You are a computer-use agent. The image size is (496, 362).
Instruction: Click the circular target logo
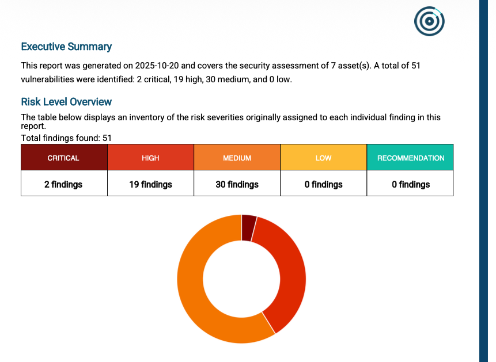(x=429, y=21)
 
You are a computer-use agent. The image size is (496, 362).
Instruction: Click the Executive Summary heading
(x=66, y=47)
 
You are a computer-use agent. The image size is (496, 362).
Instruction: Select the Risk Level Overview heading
(x=66, y=102)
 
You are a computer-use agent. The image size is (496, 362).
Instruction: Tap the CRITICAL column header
(x=63, y=158)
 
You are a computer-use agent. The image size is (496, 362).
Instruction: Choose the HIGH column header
(x=150, y=158)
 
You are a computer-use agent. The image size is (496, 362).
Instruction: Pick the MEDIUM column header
(x=237, y=158)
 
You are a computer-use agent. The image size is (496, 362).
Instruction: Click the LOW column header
(x=323, y=158)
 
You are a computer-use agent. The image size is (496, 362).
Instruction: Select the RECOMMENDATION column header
(x=410, y=158)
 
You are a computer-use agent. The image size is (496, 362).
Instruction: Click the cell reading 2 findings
(x=63, y=184)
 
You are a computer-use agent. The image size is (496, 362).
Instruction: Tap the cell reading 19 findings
(x=150, y=184)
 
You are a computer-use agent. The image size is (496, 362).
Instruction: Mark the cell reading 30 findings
(x=237, y=184)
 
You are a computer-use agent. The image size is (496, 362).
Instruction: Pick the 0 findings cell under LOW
(x=323, y=184)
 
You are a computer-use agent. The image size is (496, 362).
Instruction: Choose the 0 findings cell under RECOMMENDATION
(x=410, y=184)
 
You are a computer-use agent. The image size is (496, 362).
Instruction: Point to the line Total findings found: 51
(x=66, y=138)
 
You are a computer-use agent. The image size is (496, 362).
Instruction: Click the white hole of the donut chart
(x=241, y=279)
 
